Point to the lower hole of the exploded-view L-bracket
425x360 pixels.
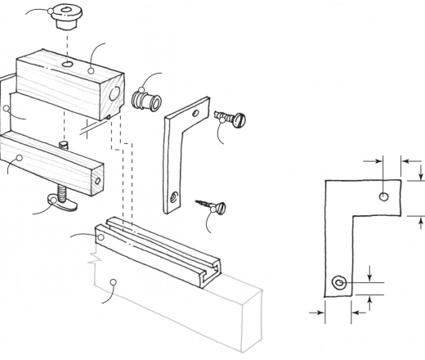coord(174,196)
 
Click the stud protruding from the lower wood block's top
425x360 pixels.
coord(63,146)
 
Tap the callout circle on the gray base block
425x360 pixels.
coord(115,282)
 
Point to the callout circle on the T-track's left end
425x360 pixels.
coord(100,237)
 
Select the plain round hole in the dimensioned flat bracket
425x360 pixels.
coord(384,196)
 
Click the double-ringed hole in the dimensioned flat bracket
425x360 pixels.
coord(339,283)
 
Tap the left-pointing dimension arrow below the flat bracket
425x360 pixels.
coord(356,312)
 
